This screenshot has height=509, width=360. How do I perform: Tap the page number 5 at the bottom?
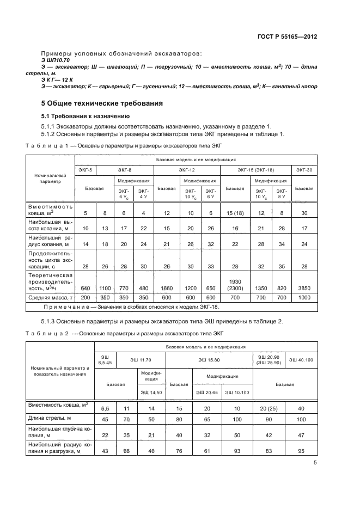pos(315,463)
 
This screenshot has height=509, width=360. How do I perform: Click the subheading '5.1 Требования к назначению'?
pos(86,116)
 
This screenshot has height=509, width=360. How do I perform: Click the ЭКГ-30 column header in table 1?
pos(304,170)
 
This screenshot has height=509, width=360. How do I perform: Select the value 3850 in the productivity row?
pos(304,288)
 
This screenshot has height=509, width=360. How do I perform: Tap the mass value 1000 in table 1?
pos(304,298)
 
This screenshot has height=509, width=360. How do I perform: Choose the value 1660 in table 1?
pos(166,288)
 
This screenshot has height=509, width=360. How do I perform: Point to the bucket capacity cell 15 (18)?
pos(235,213)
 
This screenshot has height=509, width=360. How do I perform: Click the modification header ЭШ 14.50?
pos(152,393)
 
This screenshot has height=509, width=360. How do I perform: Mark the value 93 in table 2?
pos(237,451)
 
